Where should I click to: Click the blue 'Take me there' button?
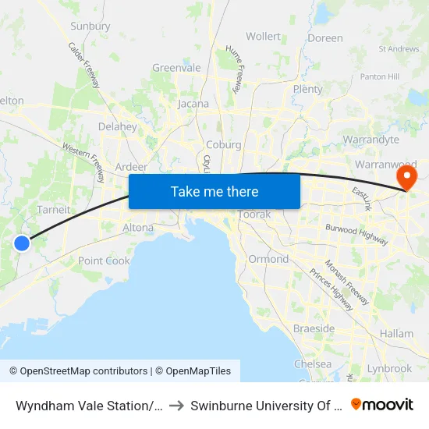[214, 191]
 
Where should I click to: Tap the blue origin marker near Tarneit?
[22, 243]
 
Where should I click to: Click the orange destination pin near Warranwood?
[406, 178]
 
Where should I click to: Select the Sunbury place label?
[90, 26]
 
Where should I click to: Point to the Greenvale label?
[176, 68]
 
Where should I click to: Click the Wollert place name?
[263, 36]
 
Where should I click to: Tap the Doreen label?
[325, 37]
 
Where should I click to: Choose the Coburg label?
[224, 144]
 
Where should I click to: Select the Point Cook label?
[104, 261]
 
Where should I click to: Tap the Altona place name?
[138, 227]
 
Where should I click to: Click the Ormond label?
[268, 259]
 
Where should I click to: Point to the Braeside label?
[314, 328]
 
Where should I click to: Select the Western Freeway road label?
[83, 161]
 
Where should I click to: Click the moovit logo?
[382, 404]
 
